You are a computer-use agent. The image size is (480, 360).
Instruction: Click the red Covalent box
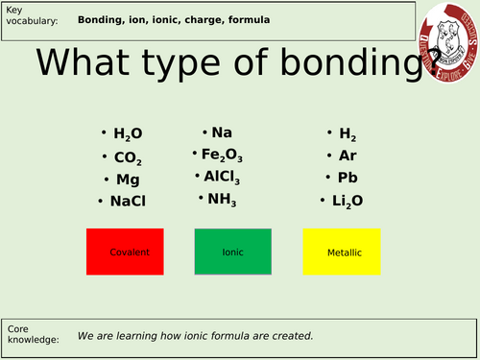coord(126,252)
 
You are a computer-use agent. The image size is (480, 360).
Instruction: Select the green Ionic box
coord(233,252)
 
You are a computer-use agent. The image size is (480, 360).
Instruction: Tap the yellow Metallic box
coord(342,252)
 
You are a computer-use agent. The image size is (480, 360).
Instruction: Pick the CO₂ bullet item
coord(129,157)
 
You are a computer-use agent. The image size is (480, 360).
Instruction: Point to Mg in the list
coord(127,179)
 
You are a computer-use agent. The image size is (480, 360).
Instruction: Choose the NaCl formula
coord(133,201)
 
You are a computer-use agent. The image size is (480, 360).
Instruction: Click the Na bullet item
coord(222,133)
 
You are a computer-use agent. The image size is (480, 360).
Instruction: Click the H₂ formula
coord(347,134)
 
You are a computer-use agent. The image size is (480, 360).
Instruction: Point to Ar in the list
coord(348,156)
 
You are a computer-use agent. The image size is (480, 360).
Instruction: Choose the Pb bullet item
coord(348,178)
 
